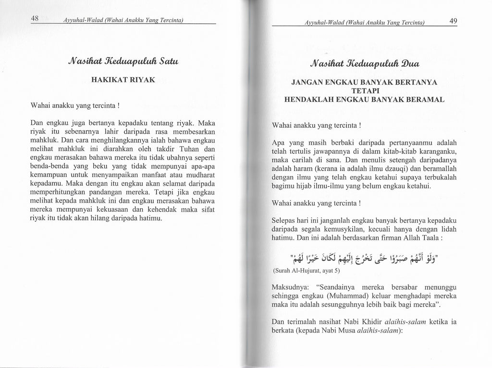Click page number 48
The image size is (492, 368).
[x=35, y=18]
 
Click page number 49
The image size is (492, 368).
[x=454, y=21]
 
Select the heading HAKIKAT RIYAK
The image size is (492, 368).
[x=123, y=80]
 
